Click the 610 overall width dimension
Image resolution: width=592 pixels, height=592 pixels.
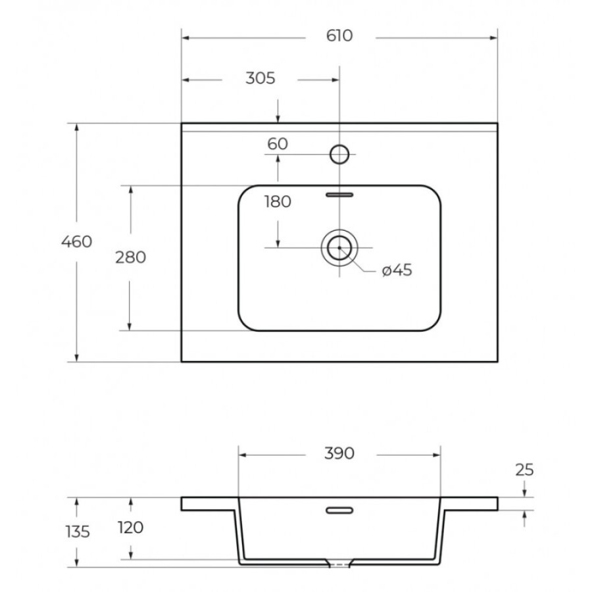pyautogui.click(x=339, y=36)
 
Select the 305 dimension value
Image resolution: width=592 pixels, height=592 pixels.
pyautogui.click(x=260, y=78)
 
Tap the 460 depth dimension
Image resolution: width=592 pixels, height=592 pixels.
pyautogui.click(x=77, y=241)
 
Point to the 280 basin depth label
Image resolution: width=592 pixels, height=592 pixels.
pyautogui.click(x=131, y=257)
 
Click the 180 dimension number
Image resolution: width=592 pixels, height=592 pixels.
pyautogui.click(x=278, y=202)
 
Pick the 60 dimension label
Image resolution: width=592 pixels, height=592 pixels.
pyautogui.click(x=278, y=144)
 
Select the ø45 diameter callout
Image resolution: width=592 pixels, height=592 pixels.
pyautogui.click(x=397, y=270)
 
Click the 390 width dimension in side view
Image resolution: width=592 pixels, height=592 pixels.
pyautogui.click(x=339, y=453)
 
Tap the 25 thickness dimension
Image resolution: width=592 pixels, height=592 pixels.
pyautogui.click(x=524, y=470)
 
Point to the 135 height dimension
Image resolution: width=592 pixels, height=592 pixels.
pyautogui.click(x=78, y=531)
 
